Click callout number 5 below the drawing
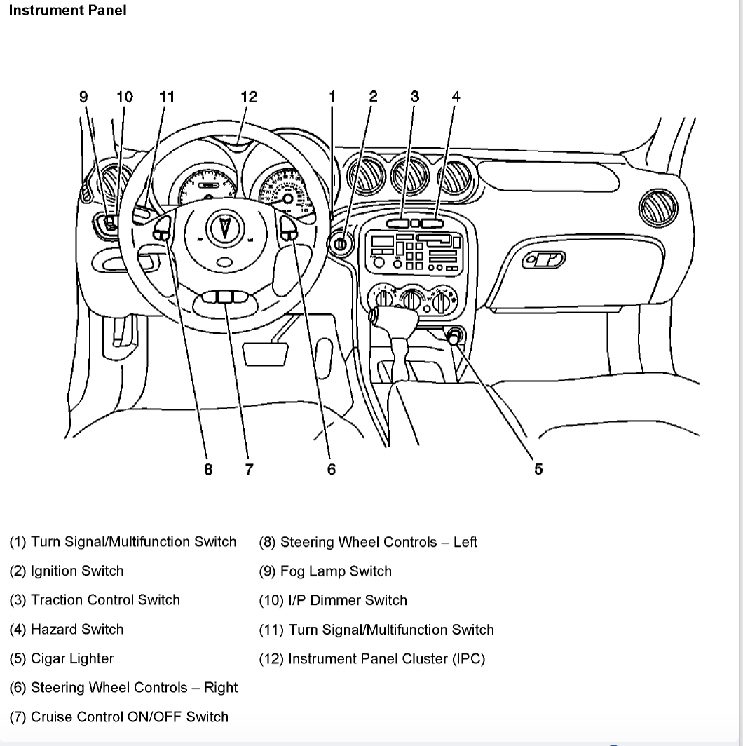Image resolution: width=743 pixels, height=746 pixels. pos(538,469)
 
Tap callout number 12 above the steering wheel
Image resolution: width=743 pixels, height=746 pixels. pos(249,97)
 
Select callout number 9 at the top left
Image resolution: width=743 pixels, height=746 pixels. pos(84,97)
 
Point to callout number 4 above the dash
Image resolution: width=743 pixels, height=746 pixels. pos(456,97)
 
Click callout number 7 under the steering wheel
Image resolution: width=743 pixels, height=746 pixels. pos(249,469)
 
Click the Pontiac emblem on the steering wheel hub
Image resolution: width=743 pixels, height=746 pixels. pos(224,229)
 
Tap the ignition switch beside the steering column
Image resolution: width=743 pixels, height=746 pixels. pos(340,244)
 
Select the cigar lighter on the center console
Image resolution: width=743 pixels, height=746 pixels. pos(455,337)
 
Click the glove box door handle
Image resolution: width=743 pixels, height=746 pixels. pos(545,262)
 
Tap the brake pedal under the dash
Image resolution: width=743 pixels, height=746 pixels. pos(265,353)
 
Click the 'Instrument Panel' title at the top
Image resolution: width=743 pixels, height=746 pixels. pos(67,11)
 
